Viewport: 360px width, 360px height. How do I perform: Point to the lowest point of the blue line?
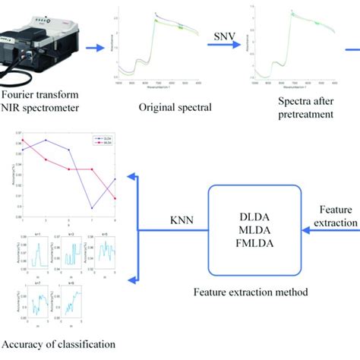coord(92,207)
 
